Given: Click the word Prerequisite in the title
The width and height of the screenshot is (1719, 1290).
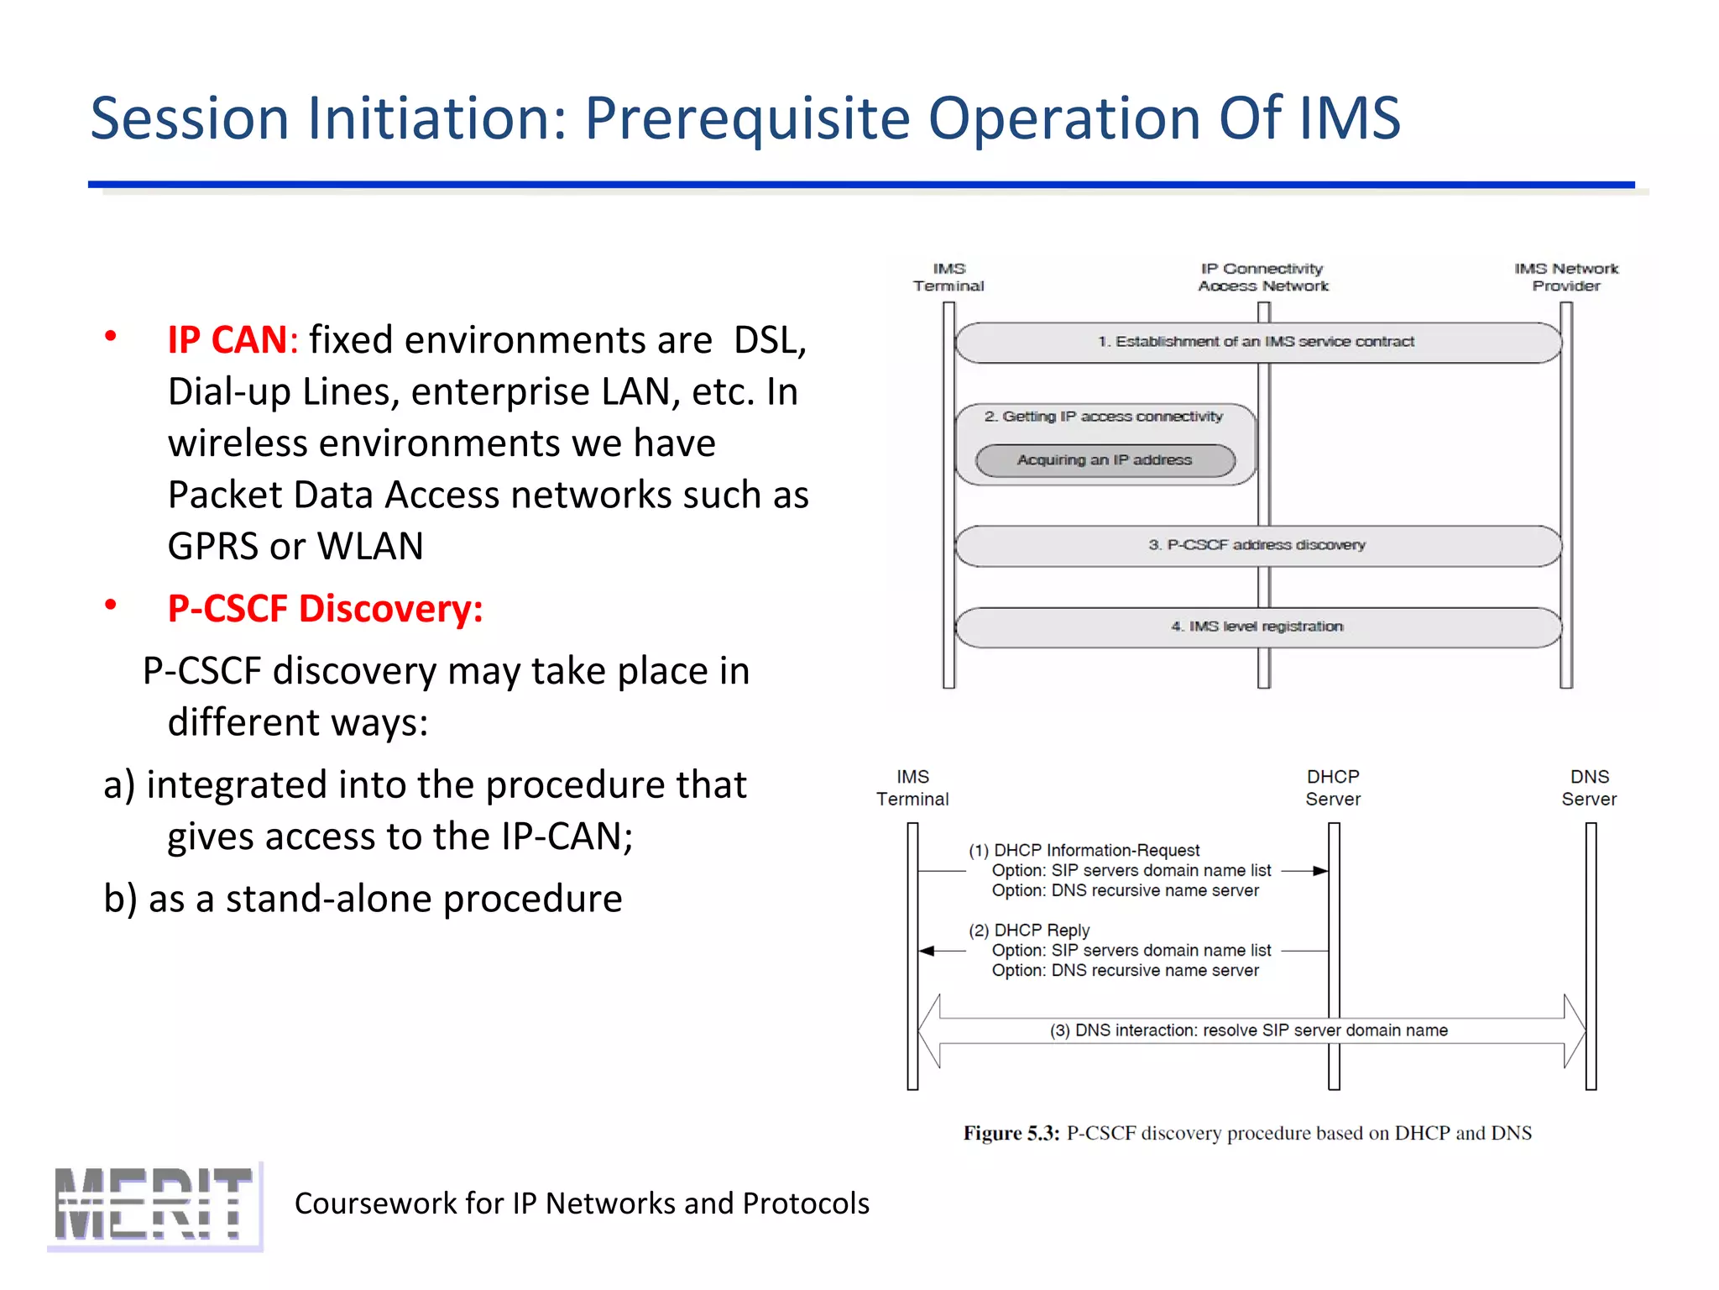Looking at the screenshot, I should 746,118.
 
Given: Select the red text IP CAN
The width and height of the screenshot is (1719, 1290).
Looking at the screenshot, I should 227,340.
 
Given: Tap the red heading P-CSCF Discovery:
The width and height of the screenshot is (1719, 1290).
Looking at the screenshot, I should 325,608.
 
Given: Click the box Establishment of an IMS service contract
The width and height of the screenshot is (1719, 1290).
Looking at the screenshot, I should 1257,342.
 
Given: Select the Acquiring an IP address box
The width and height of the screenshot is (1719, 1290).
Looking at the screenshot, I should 1105,460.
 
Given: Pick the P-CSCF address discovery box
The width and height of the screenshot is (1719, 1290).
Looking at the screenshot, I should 1257,545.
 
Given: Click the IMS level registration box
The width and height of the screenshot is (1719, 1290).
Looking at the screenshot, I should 1257,627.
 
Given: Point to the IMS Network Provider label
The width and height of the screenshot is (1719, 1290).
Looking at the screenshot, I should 1566,277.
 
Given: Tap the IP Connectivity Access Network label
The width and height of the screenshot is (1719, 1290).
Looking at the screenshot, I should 1262,277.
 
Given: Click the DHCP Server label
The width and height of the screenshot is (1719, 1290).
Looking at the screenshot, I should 1333,788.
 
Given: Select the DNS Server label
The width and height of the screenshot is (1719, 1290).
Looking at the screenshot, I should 1589,788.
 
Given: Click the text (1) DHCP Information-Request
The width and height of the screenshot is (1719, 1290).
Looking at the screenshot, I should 1084,850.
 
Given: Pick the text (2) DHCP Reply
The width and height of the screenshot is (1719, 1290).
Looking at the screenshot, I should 1029,930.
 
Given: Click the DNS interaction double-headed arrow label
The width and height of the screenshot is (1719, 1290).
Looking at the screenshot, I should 1248,1030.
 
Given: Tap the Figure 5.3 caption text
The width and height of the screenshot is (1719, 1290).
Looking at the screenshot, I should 1247,1133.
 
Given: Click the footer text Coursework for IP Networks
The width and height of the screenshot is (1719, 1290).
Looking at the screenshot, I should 582,1203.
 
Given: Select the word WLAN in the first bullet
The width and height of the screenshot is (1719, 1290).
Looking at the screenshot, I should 370,546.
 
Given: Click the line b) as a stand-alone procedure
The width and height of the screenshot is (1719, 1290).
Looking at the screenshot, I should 363,899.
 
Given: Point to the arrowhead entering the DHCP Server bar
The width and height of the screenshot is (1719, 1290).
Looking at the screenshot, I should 1320,871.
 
